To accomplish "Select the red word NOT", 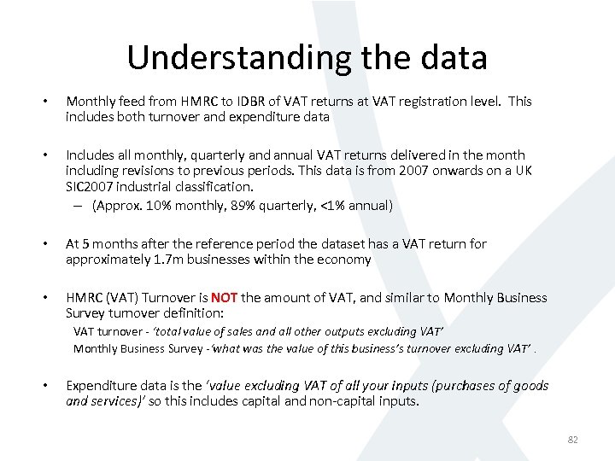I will pyautogui.click(x=225, y=298).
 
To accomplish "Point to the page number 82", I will pyautogui.click(x=572, y=439).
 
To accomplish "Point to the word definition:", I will pyautogui.click(x=192, y=313).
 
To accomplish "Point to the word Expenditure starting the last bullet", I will pyautogui.click(x=101, y=386).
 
